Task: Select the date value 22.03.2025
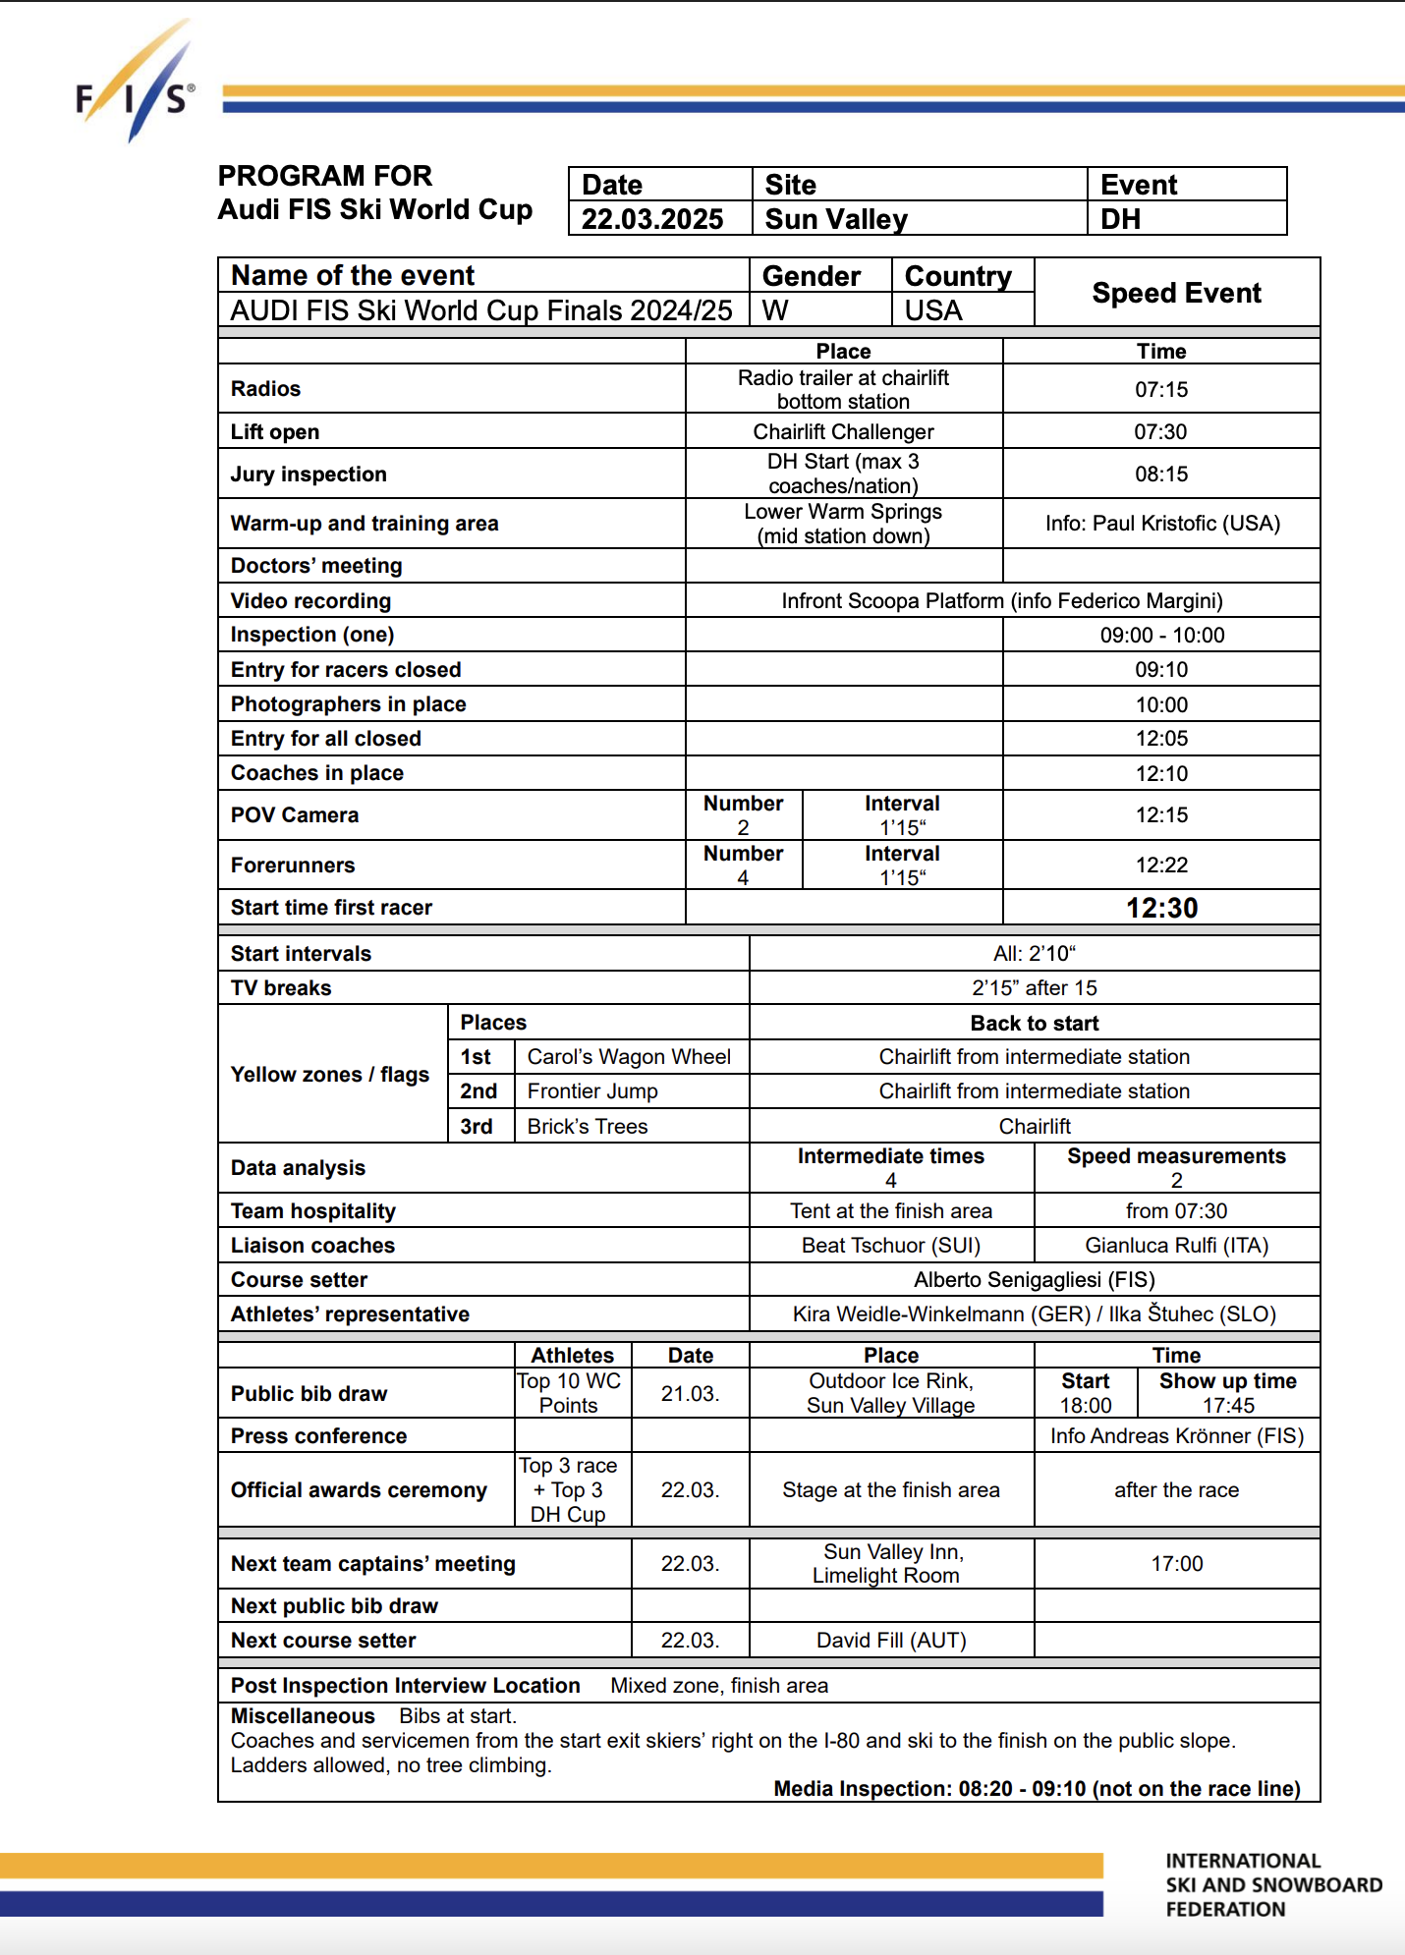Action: tap(652, 219)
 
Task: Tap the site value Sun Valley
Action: tap(836, 219)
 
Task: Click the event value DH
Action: tap(1120, 219)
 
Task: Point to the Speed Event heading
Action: tap(1176, 293)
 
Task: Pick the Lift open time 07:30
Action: tap(1160, 432)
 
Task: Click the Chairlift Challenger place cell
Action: tap(843, 432)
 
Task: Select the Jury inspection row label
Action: tap(309, 475)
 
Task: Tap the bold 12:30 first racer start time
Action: tap(1161, 908)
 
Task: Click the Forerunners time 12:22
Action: tap(1161, 866)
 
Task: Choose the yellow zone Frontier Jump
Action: tap(592, 1091)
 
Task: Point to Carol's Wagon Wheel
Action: tap(629, 1057)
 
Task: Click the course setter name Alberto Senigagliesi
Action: tap(1034, 1280)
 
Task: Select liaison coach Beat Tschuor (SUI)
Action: tap(890, 1246)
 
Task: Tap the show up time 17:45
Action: tap(1228, 1406)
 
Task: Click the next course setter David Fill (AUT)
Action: tap(891, 1641)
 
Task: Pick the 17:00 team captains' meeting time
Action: tap(1176, 1564)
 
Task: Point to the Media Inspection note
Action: tap(1037, 1789)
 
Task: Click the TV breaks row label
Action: tap(281, 988)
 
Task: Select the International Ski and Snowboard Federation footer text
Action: tap(1272, 1885)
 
